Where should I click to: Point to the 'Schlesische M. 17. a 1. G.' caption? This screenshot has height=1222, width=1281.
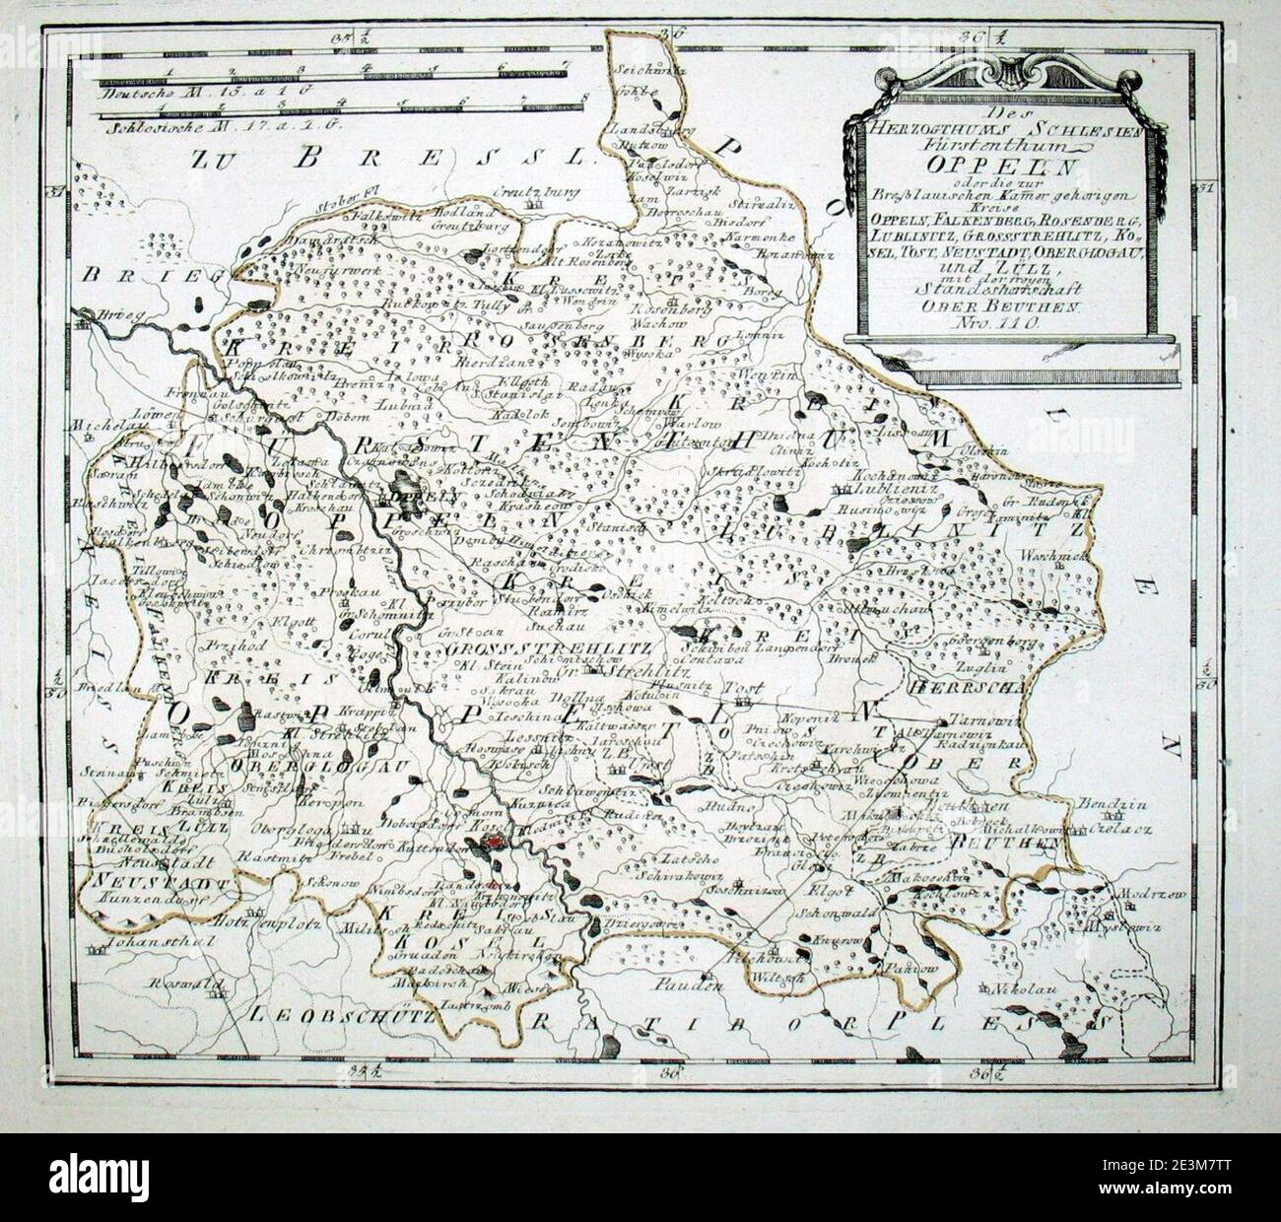coord(187,125)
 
